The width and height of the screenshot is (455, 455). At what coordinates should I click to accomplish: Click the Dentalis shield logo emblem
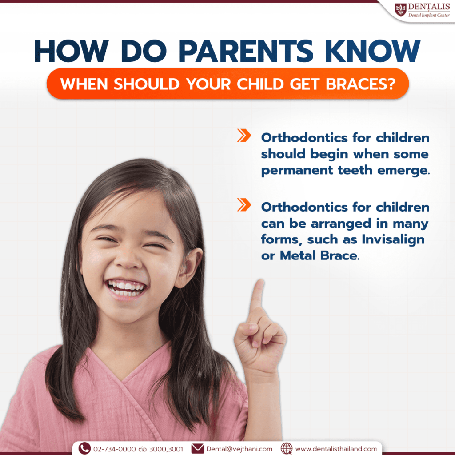400,10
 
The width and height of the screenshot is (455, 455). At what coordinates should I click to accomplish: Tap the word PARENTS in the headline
246,51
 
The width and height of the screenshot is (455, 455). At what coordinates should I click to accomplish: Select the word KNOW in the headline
373,51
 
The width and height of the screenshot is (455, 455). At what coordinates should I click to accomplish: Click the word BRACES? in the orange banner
361,84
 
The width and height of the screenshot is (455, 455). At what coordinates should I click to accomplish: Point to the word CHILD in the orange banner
260,84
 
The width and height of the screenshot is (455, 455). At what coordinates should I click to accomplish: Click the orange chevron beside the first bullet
244,135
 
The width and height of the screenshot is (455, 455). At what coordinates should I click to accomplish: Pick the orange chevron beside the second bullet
244,204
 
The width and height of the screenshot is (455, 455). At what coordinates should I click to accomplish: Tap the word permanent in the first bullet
297,171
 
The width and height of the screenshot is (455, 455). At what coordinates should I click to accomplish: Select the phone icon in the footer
84,448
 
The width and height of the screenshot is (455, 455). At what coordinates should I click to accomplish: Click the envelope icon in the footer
198,449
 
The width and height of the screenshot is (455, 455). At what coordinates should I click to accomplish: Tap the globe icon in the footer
287,449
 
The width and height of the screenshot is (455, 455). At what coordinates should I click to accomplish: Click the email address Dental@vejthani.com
239,449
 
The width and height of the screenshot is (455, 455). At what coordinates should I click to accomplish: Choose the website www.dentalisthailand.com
336,449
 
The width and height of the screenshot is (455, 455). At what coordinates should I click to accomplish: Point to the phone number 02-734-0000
114,449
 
